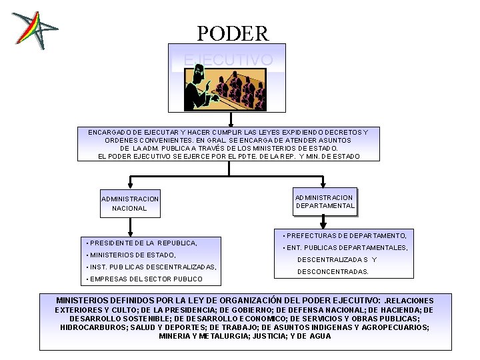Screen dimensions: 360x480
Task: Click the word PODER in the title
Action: tap(233, 33)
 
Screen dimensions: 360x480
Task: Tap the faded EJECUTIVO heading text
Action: tap(228, 60)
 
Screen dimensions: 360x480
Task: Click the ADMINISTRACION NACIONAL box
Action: tap(130, 203)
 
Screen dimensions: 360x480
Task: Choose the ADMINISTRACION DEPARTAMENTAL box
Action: tap(325, 201)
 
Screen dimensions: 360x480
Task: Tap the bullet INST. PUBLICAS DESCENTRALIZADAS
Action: tap(151, 267)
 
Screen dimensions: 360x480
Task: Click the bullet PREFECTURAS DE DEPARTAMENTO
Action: tap(345, 235)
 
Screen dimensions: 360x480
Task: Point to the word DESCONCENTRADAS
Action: tap(333, 272)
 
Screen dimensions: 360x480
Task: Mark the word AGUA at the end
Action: tap(321, 336)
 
